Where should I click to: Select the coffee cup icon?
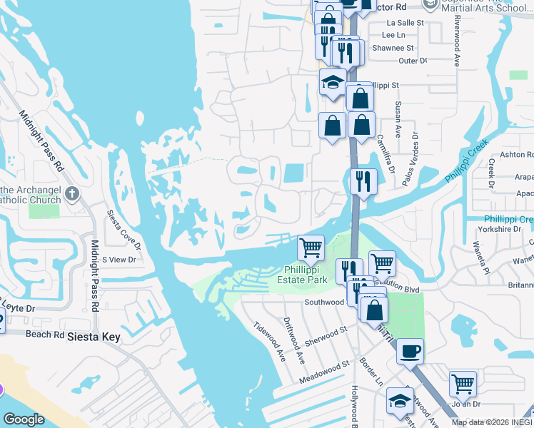tap(410, 351)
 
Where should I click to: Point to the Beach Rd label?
tap(45, 333)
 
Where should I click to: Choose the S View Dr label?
tap(119, 260)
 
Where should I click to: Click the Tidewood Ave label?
tap(267, 342)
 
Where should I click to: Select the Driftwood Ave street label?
tap(293, 338)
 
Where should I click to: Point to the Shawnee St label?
tap(396, 48)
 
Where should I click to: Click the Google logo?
tap(24, 419)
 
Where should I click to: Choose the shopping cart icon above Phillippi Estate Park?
tap(311, 248)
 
